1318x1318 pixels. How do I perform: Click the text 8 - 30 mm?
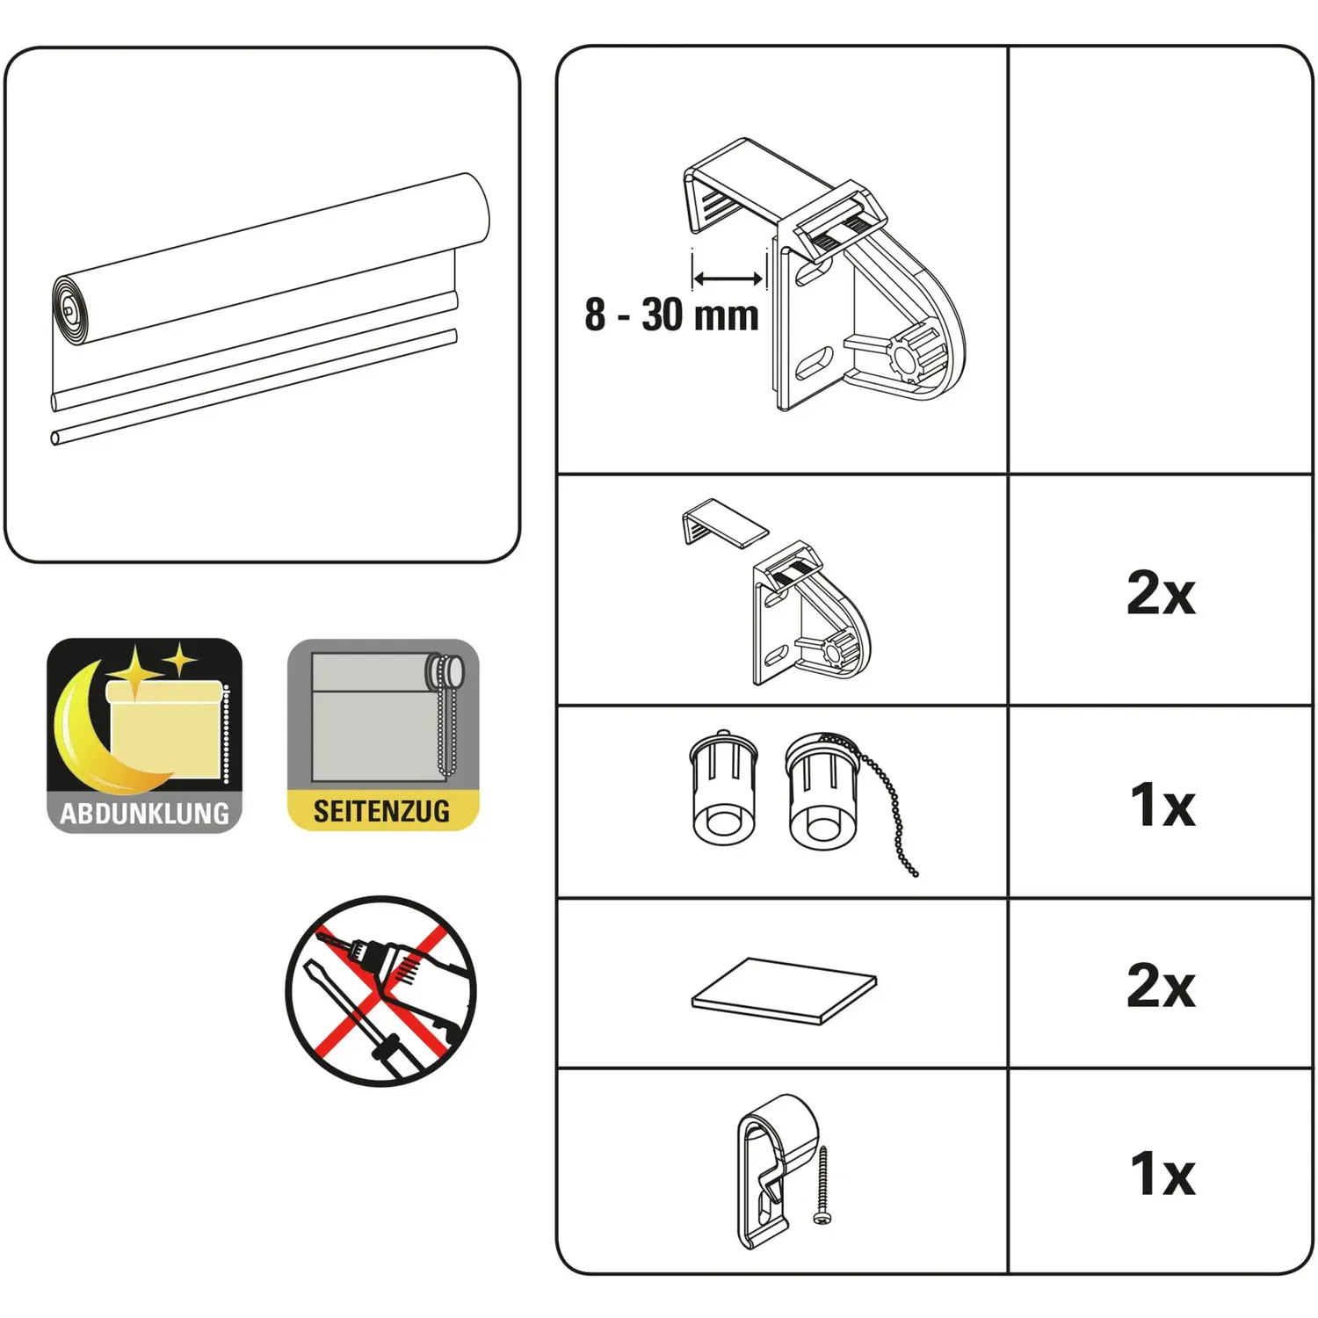671,315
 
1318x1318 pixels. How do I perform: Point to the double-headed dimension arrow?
728,279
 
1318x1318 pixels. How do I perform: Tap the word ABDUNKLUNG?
145,813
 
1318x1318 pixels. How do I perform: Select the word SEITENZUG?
381,810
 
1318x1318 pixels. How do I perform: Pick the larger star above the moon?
135,672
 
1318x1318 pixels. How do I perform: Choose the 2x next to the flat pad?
1161,985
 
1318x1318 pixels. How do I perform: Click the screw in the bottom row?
822,1185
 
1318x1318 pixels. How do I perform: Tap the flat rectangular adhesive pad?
784,991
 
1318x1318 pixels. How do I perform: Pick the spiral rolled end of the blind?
71,309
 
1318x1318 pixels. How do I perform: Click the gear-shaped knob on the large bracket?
916,353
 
